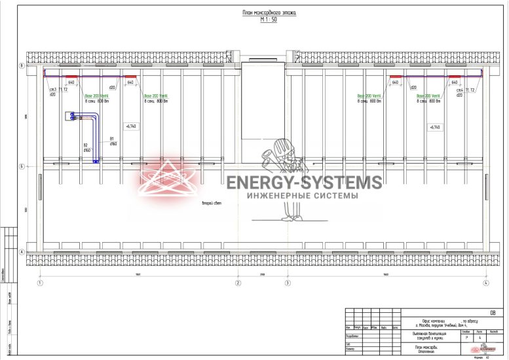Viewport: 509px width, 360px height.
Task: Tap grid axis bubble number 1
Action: tap(40, 283)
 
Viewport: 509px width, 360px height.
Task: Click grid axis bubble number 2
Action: tap(238, 283)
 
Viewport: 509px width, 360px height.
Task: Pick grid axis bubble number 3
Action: tap(287, 283)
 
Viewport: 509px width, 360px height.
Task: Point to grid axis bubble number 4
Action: tap(485, 283)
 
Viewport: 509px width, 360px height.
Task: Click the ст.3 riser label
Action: tap(53, 89)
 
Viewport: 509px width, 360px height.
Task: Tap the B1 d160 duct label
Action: tap(113, 141)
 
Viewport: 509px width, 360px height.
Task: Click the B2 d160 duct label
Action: tap(86, 148)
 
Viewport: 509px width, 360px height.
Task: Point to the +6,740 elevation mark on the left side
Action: tap(130, 126)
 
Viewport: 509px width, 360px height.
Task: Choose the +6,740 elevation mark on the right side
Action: tap(434, 126)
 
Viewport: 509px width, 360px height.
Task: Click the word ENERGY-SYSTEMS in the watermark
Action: tap(303, 183)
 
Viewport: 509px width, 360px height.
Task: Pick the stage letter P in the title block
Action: tap(464, 338)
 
